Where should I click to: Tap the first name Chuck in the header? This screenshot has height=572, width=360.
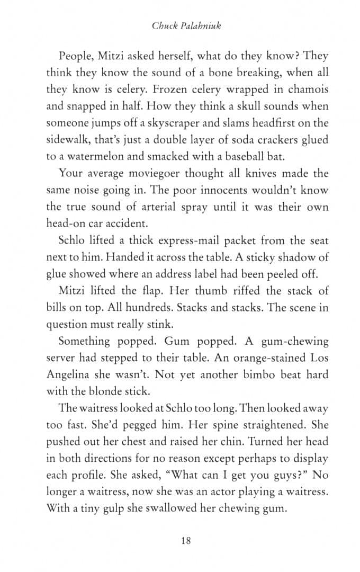164,25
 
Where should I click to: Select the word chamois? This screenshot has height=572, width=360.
310,90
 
